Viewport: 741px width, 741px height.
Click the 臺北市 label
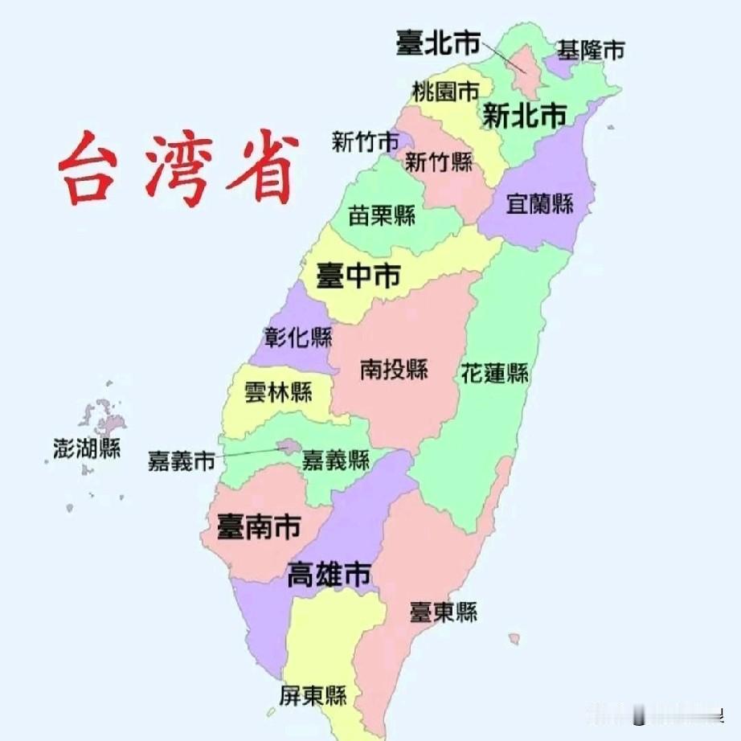coord(436,43)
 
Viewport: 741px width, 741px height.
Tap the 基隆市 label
coord(591,51)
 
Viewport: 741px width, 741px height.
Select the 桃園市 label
coord(445,91)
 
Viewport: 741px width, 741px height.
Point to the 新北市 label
coord(524,117)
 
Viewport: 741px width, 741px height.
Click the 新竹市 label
coord(365,142)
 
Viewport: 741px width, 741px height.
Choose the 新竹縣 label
coord(439,162)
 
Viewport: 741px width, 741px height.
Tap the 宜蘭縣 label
coord(539,203)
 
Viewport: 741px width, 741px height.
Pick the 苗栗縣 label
coord(381,215)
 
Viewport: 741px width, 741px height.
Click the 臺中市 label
coord(359,276)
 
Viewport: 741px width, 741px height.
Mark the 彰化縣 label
coord(298,337)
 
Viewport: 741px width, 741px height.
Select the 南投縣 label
coord(393,370)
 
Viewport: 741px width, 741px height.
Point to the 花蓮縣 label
coord(494,373)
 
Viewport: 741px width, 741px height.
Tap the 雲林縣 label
coord(278,393)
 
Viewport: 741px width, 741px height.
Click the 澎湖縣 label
coord(87,448)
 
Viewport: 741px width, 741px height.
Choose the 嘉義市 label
coord(182,461)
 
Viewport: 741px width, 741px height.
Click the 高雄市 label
coord(330,575)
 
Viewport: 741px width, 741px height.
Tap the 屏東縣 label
coord(313,695)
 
